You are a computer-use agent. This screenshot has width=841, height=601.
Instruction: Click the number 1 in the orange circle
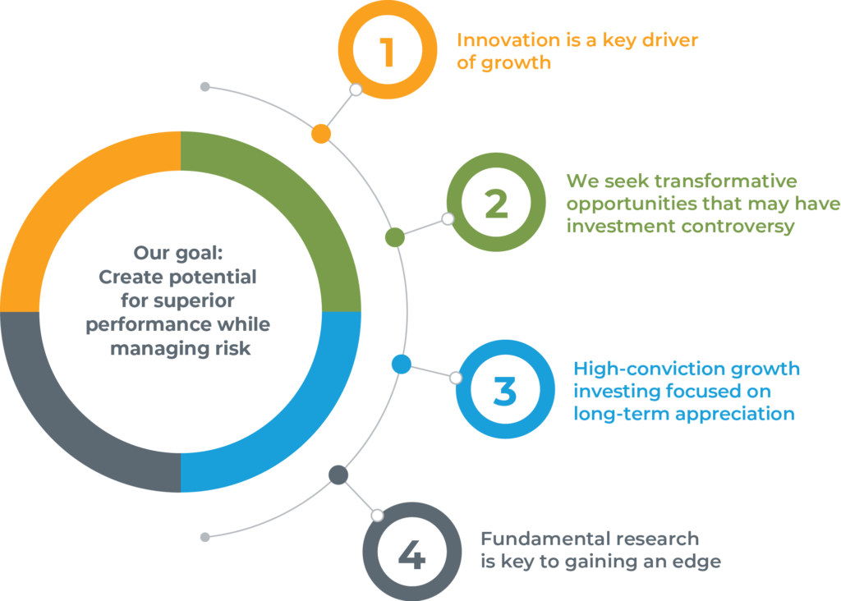click(387, 52)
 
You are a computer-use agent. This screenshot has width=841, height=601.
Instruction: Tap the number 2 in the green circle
click(495, 204)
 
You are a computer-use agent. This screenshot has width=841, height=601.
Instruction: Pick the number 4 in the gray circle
click(411, 554)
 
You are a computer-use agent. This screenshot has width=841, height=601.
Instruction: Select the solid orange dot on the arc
click(321, 134)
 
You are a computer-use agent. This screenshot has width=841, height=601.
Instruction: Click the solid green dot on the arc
click(395, 237)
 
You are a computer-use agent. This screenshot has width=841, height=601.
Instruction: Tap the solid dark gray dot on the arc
click(338, 475)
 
